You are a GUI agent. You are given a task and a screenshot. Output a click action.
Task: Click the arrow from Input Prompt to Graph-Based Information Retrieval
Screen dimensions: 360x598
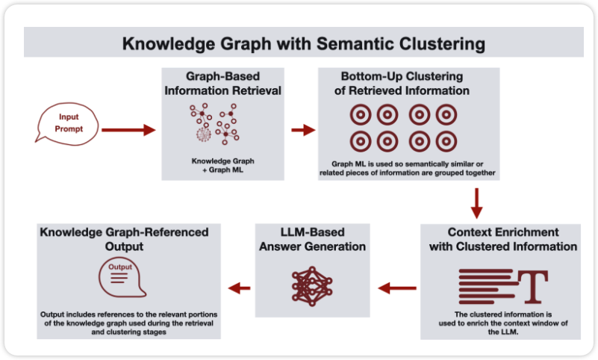tap(128, 130)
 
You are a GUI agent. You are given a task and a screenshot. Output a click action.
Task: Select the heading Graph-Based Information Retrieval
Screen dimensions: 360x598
tap(223, 84)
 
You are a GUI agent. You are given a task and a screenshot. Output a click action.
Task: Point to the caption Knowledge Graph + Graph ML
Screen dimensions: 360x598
tap(223, 165)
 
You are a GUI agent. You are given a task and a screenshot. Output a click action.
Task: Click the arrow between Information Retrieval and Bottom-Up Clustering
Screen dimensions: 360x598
tap(302, 130)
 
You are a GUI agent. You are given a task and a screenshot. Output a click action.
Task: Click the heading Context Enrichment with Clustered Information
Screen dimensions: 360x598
tap(502, 239)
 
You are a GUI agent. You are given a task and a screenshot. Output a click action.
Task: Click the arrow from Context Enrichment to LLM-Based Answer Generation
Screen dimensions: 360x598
tap(398, 287)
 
